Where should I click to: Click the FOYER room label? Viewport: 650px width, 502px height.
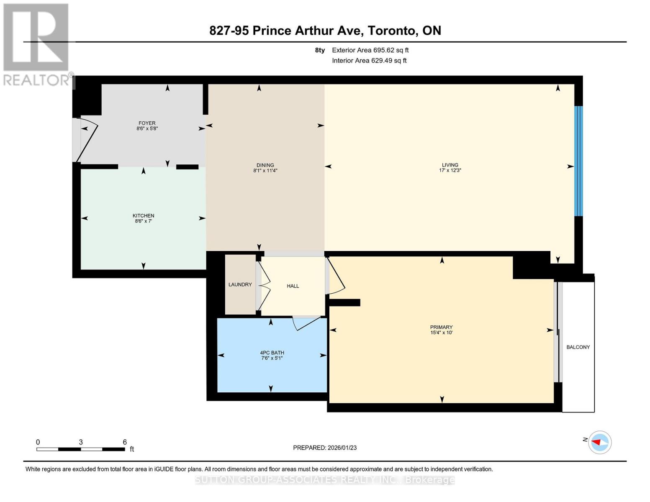147,123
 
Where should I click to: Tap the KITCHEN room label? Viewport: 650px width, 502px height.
143,215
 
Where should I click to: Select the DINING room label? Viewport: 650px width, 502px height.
265,165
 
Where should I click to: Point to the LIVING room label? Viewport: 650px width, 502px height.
450,165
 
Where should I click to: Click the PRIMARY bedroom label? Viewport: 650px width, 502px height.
441,327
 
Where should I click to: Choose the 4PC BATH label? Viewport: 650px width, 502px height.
272,353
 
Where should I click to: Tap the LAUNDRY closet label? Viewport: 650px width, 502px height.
240,284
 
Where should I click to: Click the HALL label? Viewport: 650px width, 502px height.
293,286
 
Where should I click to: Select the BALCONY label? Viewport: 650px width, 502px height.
578,347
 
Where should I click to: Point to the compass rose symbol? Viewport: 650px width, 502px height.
600,442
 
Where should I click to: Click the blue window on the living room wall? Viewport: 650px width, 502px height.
578,161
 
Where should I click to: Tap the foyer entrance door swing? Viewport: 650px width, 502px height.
87,140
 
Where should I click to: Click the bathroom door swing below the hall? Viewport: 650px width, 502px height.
306,323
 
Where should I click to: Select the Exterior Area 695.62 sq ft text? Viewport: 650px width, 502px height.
370,50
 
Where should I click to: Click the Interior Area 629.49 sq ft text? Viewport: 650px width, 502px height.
369,61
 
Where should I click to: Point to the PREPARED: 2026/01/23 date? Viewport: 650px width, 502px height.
325,448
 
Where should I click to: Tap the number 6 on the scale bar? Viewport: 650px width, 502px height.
125,442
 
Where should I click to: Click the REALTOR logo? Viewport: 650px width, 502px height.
37,44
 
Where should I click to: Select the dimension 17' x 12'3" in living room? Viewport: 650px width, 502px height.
450,171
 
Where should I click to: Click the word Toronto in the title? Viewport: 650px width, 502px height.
392,31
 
